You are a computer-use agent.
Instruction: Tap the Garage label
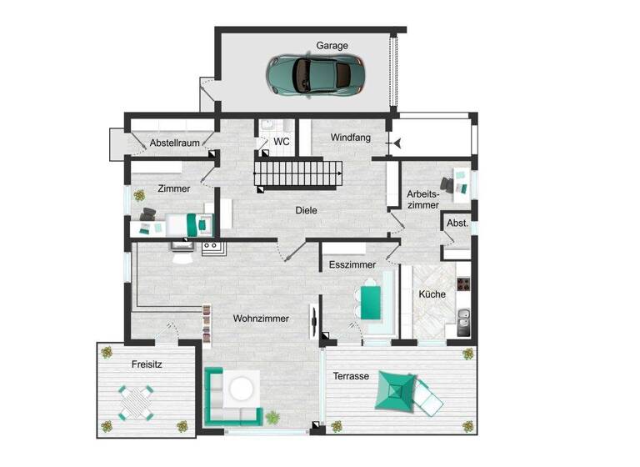[332, 46]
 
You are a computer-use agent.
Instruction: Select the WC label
[282, 142]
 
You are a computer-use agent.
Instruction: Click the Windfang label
[351, 137]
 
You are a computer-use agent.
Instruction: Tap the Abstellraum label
[174, 143]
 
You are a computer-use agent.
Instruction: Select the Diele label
[306, 210]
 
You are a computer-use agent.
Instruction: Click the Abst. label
[457, 224]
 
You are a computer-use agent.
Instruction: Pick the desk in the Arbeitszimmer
[457, 183]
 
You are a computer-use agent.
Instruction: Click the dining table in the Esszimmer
[369, 297]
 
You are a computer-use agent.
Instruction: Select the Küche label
[432, 294]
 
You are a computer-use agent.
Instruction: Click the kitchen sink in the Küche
[464, 318]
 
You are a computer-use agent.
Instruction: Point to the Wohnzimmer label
[261, 319]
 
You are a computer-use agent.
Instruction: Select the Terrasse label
[351, 376]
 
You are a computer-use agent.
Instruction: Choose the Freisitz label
[147, 364]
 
